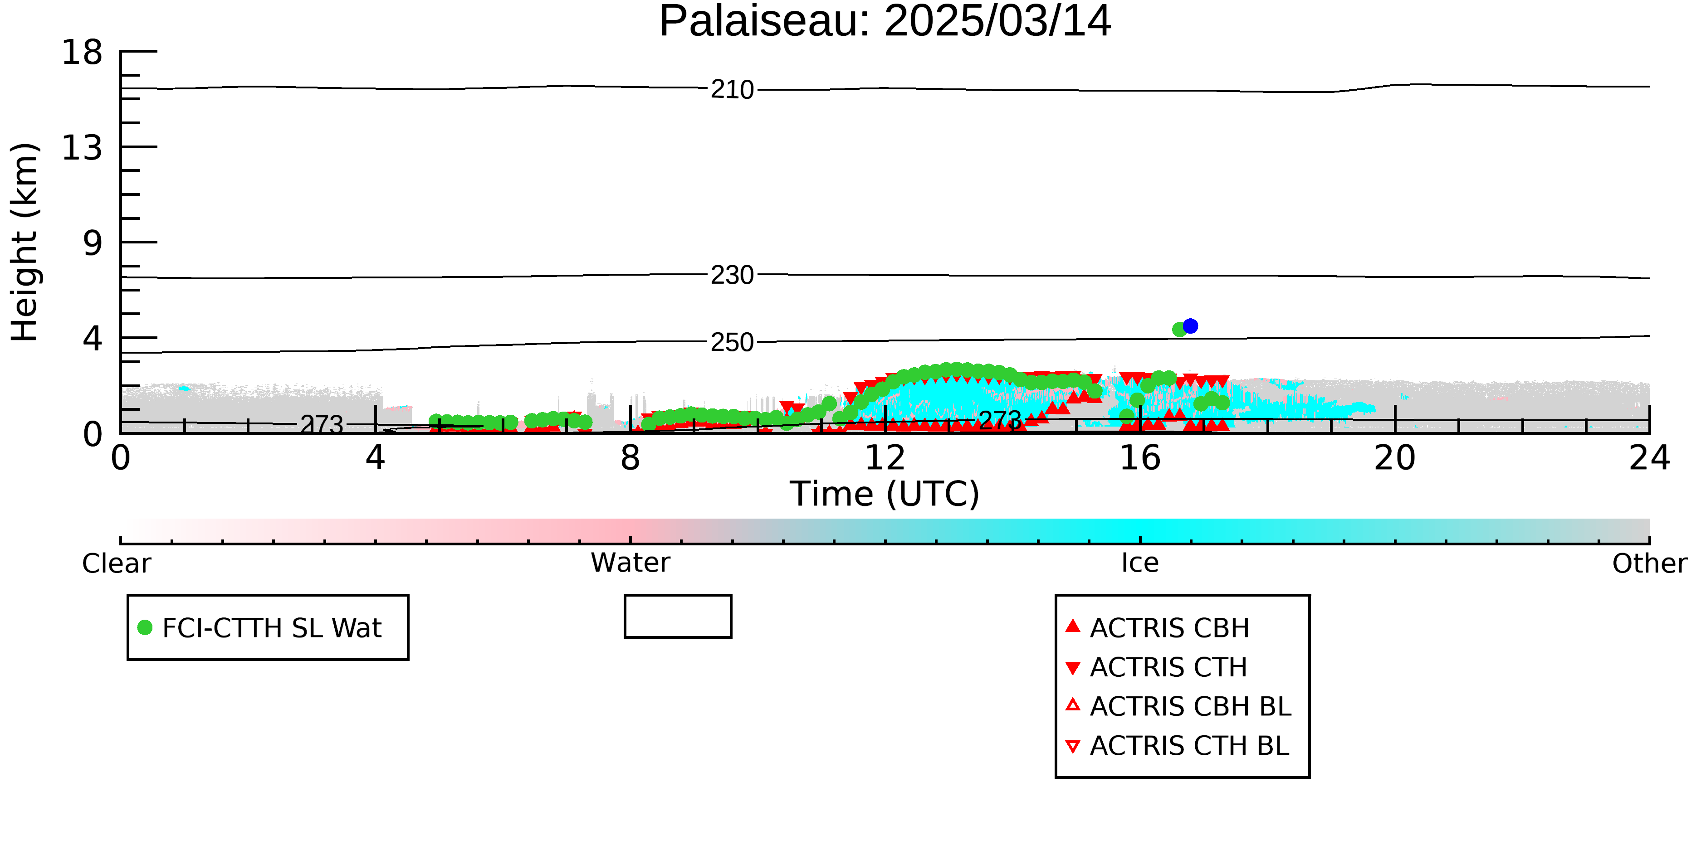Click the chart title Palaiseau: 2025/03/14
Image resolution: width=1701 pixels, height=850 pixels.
click(885, 21)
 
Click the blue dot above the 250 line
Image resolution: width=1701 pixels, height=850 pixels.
click(1190, 326)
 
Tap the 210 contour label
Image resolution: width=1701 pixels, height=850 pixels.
click(732, 90)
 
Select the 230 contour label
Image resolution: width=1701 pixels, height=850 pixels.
click(732, 275)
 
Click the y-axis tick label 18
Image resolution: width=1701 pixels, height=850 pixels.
click(82, 52)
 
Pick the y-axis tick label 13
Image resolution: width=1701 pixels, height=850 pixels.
click(82, 148)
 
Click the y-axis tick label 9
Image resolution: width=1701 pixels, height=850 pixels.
click(93, 243)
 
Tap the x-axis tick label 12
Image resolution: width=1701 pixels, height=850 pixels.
click(885, 457)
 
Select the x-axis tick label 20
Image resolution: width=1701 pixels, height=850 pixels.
click(1395, 457)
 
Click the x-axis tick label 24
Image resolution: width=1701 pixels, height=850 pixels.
click(1649, 457)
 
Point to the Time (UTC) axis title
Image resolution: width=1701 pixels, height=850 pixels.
click(885, 494)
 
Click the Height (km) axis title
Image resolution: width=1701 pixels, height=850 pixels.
click(25, 242)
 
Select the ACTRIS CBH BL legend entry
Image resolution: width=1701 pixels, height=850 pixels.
click(1179, 706)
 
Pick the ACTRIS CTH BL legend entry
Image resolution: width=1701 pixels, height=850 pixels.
click(1178, 746)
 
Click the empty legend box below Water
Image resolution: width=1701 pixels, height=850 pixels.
click(678, 596)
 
